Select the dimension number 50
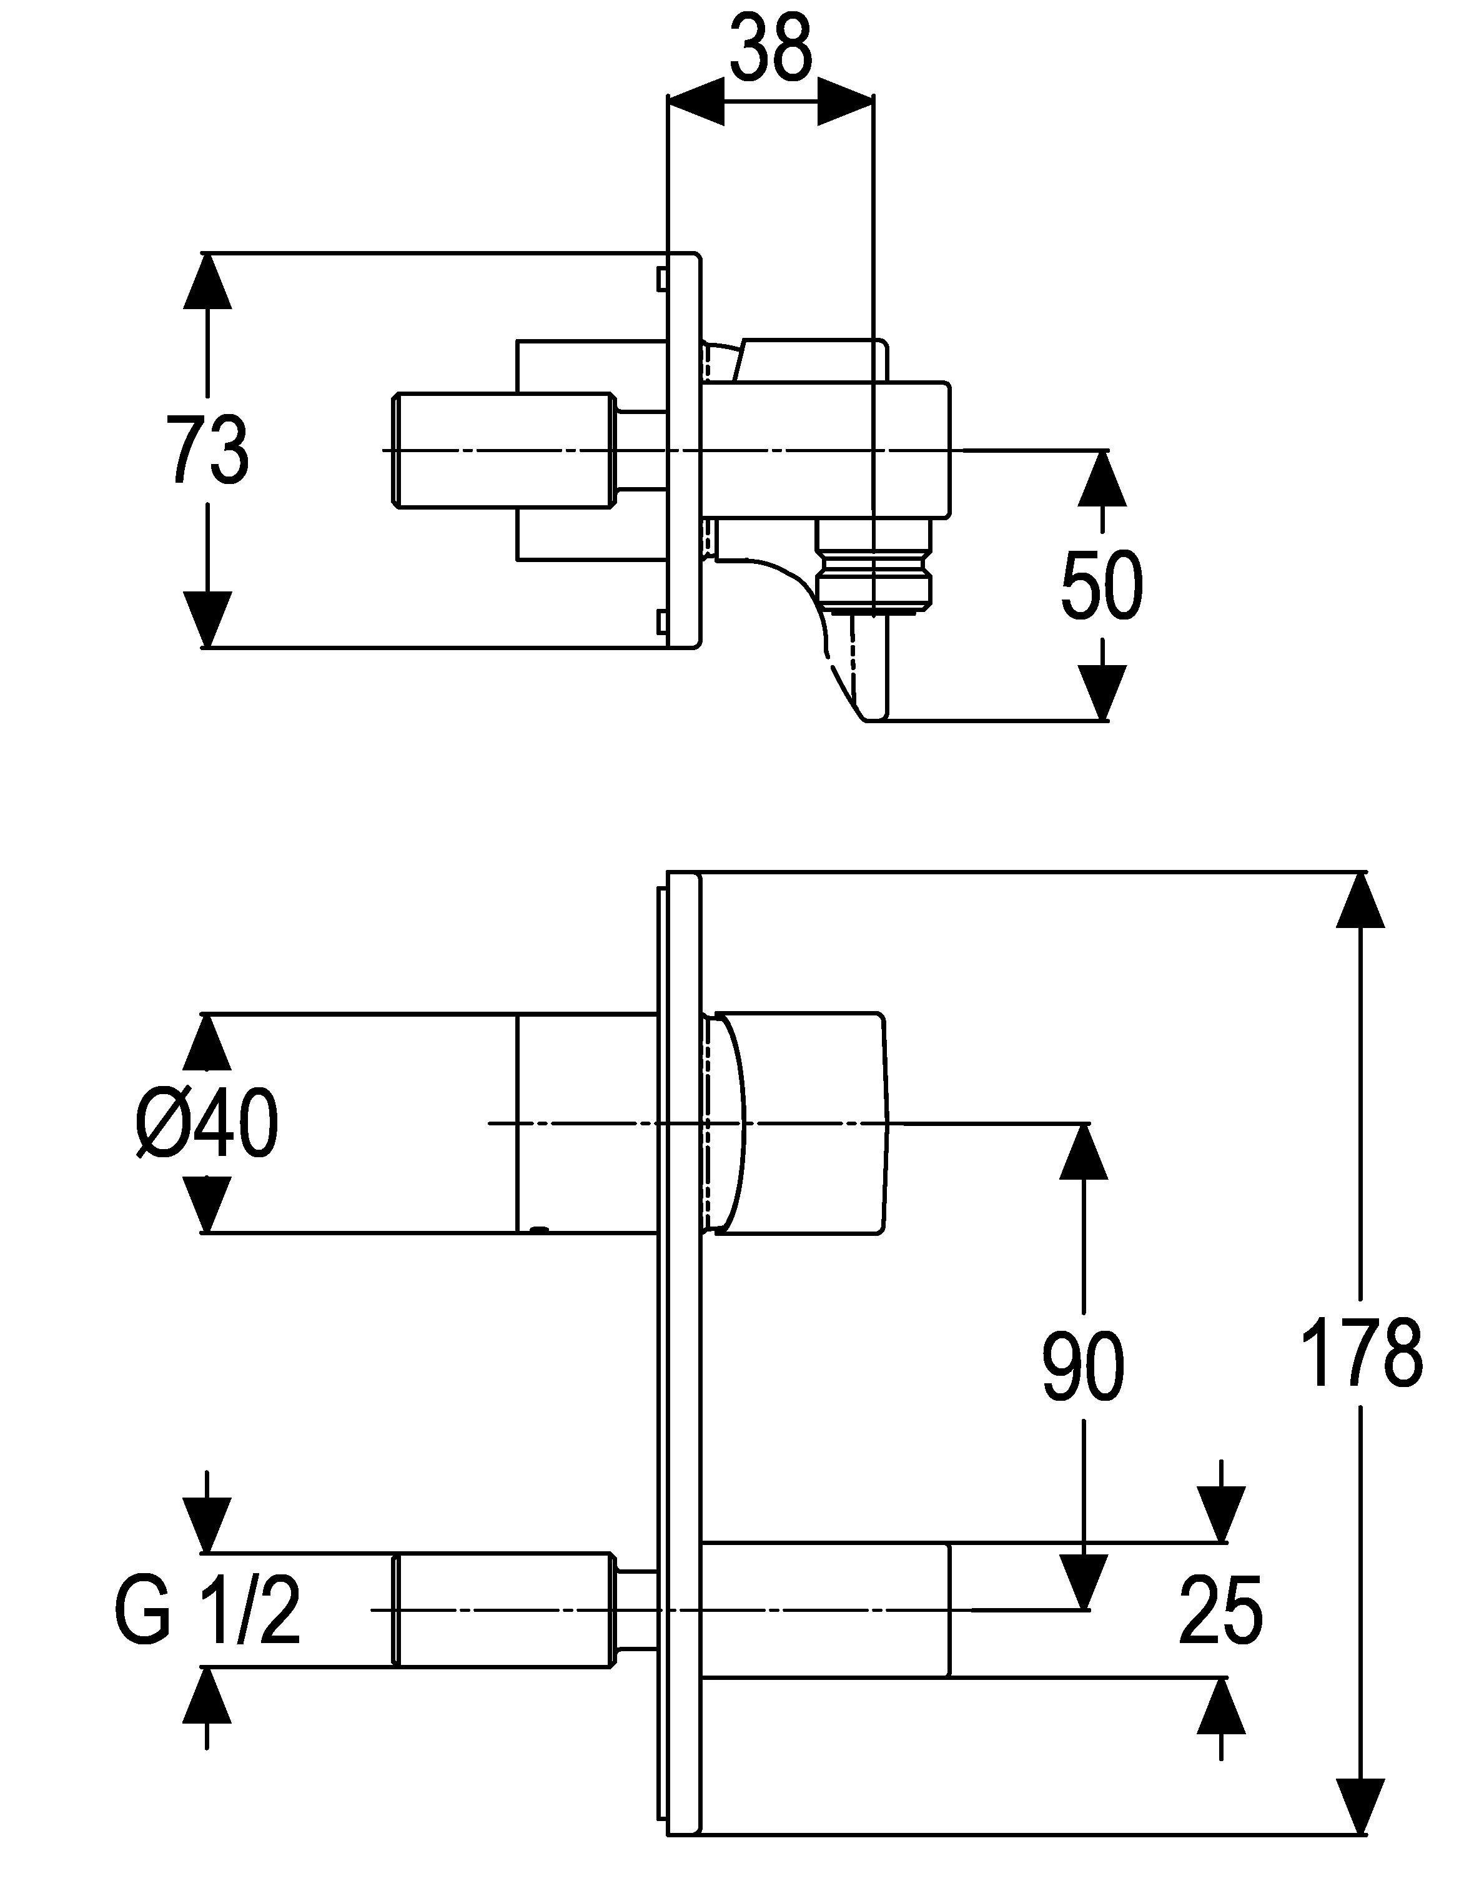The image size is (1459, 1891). point(1101,585)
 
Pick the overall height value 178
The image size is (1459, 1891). point(1361,1355)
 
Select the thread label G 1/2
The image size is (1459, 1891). point(208,1611)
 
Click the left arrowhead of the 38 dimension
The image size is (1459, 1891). point(696,102)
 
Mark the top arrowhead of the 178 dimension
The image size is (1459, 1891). point(1361,900)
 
